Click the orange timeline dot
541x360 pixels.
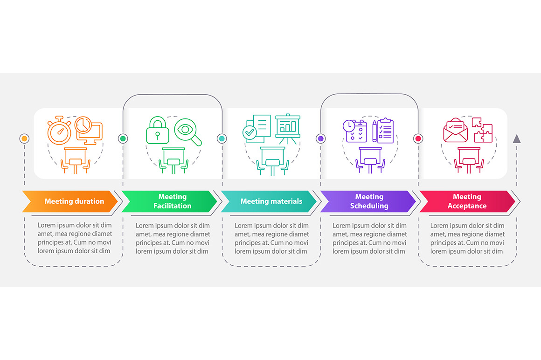click(24, 138)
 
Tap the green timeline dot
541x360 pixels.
click(123, 138)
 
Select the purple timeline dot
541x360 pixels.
click(320, 138)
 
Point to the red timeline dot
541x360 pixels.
click(418, 138)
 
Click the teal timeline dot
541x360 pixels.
click(222, 138)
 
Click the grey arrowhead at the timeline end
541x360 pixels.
click(516, 138)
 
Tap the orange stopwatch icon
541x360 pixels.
click(59, 131)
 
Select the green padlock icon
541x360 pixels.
click(158, 130)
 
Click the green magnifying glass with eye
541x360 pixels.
click(187, 132)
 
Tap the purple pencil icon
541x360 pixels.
click(375, 131)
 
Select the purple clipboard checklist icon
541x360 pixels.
click(386, 131)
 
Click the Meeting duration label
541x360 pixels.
click(74, 201)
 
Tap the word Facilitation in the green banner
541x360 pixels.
click(172, 206)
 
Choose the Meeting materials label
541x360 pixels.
click(271, 201)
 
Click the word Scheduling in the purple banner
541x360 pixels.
click(369, 206)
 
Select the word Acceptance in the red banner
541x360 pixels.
click(467, 206)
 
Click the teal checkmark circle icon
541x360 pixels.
click(250, 132)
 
